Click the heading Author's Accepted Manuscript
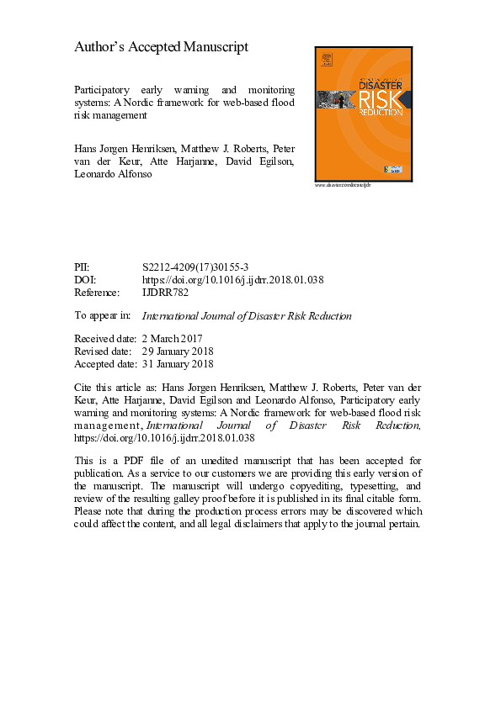click(x=161, y=47)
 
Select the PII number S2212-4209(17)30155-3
click(x=196, y=267)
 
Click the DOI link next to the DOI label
click(x=233, y=280)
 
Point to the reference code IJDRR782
click(x=166, y=293)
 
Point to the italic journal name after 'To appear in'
click(x=247, y=316)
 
